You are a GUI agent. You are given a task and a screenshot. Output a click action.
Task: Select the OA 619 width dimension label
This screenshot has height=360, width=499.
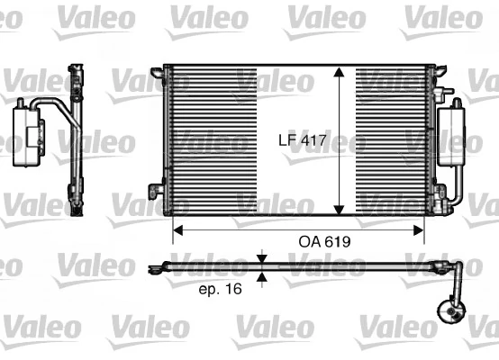point(324,242)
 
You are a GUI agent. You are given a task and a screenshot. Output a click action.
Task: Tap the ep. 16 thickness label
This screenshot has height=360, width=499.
point(219,289)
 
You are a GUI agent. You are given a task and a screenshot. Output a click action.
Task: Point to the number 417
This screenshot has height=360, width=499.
point(314,139)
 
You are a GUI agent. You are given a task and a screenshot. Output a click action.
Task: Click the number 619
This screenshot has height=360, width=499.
point(336,242)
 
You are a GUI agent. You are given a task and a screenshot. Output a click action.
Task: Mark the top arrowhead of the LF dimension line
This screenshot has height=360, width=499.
point(340,73)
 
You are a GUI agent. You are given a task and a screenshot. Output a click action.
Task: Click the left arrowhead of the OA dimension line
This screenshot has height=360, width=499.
point(177,230)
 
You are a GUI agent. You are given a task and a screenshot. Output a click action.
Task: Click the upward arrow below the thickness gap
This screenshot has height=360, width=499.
point(262,276)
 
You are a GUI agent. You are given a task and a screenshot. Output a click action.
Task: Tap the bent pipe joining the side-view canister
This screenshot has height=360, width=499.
point(56,110)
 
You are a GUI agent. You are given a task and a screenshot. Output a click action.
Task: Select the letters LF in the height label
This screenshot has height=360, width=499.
point(286,139)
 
